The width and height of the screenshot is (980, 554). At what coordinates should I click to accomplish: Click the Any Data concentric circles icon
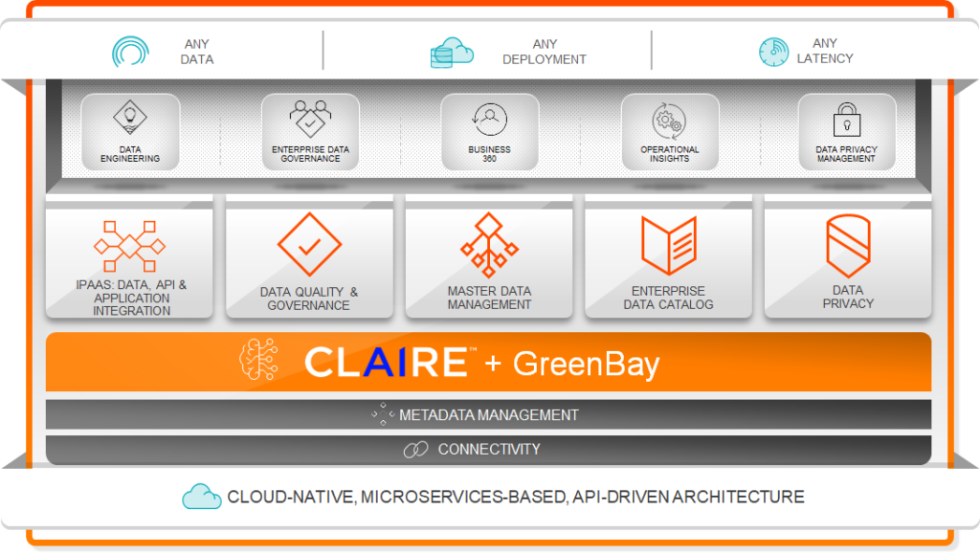[130, 51]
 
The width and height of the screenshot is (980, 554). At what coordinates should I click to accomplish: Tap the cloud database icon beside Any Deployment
[452, 52]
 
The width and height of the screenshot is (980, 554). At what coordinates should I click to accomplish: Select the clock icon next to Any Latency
[773, 52]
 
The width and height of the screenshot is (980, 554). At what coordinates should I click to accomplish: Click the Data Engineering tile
[130, 132]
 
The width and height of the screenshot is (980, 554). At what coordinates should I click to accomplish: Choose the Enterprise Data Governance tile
[310, 132]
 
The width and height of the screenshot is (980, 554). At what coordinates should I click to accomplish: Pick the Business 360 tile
[489, 132]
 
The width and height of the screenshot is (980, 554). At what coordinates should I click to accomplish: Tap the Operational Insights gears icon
[669, 121]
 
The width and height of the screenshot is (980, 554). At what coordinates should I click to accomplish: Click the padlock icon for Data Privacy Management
[846, 121]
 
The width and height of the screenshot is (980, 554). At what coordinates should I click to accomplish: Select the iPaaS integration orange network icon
[130, 246]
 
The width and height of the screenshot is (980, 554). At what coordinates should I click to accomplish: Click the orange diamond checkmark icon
[309, 245]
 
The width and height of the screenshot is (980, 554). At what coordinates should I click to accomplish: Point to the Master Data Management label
[489, 298]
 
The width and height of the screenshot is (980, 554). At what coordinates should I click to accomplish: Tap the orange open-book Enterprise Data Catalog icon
[668, 245]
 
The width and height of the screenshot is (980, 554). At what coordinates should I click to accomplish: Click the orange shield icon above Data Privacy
[847, 245]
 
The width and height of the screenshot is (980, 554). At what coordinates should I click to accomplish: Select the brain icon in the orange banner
[260, 361]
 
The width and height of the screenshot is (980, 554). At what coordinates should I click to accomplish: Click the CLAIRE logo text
[386, 363]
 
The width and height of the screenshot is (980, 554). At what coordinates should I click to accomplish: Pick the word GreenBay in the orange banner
[586, 364]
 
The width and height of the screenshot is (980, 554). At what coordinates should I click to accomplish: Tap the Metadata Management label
[488, 415]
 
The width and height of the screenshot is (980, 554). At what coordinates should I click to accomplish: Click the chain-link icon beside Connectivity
[415, 450]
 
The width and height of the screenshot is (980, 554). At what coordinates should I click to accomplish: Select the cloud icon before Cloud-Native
[201, 496]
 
